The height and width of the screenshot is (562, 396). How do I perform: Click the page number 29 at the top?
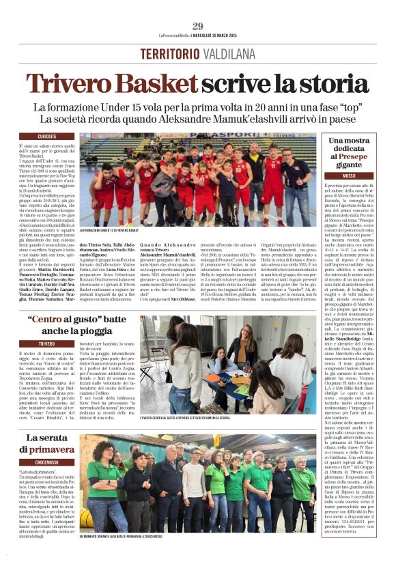point(198,27)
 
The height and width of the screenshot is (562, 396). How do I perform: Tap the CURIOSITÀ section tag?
point(47,137)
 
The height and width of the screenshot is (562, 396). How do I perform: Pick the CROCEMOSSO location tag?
point(47,462)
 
